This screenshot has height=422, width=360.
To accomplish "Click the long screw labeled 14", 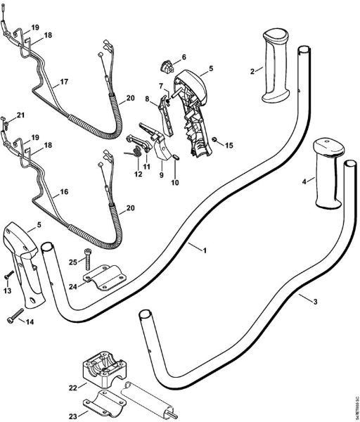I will click(19, 319).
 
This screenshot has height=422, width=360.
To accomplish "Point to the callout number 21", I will click(20, 115).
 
